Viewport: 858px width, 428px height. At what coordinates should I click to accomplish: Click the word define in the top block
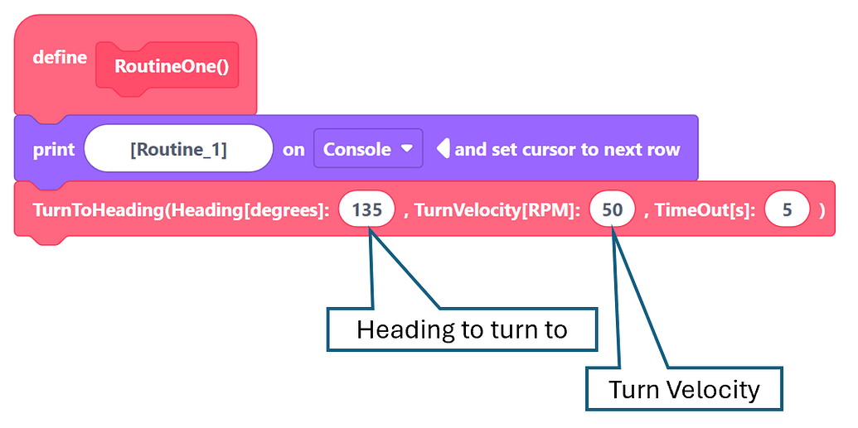pyautogui.click(x=60, y=58)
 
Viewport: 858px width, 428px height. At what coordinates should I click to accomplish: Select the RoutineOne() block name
pyautogui.click(x=171, y=66)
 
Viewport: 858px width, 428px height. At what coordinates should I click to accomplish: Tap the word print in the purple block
pyautogui.click(x=54, y=150)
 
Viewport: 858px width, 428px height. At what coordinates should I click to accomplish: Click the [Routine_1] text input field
pyautogui.click(x=178, y=150)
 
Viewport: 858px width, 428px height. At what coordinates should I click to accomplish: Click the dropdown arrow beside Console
pyautogui.click(x=406, y=149)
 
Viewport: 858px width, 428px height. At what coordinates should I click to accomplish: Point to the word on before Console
pyautogui.click(x=293, y=150)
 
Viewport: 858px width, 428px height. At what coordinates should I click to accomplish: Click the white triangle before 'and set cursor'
pyautogui.click(x=443, y=149)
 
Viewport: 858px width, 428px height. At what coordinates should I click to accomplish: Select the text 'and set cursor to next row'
pyautogui.click(x=567, y=150)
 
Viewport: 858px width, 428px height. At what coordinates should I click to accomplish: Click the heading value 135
pyautogui.click(x=366, y=210)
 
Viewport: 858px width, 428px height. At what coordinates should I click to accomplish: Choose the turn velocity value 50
pyautogui.click(x=612, y=210)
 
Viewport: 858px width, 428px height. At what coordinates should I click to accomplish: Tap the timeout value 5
pyautogui.click(x=787, y=210)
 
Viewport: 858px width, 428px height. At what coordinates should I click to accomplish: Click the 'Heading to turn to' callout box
pyautogui.click(x=462, y=329)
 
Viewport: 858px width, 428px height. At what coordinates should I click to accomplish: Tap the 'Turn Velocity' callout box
pyautogui.click(x=684, y=389)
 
